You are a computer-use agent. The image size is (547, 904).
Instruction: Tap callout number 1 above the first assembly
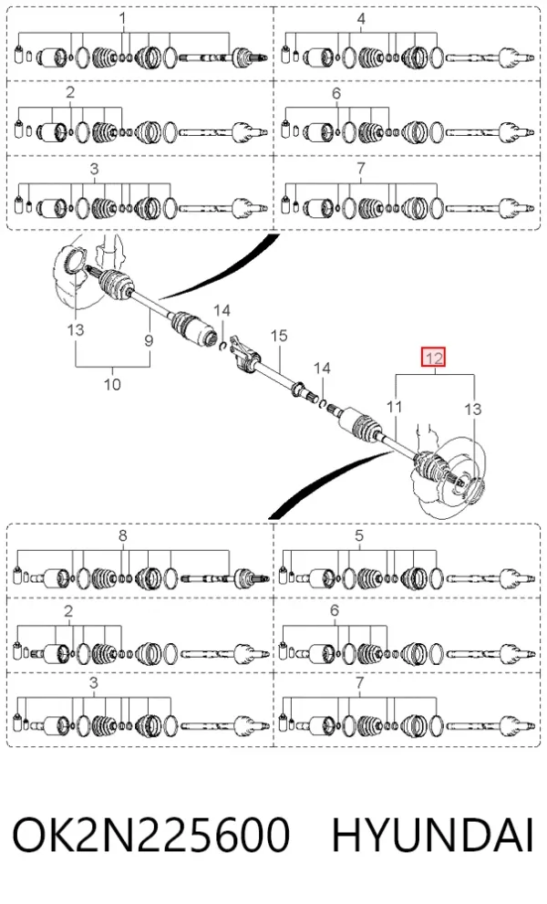122,18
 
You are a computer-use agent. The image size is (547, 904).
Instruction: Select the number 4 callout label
361,18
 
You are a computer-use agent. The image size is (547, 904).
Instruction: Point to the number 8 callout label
122,535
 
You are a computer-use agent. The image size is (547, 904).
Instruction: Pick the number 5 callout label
359,535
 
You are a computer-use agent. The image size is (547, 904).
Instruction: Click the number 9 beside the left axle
149,340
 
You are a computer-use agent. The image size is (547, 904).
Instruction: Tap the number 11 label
394,407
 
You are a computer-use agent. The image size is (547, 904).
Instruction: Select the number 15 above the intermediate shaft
278,335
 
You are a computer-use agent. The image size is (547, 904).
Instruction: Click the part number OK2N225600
150,835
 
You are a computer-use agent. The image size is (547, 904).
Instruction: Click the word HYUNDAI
433,835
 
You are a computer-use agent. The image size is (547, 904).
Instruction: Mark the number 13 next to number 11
472,409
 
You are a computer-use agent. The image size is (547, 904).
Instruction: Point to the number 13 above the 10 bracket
76,329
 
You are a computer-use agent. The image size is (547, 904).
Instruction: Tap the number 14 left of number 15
222,311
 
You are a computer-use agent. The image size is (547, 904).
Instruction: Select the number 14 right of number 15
322,368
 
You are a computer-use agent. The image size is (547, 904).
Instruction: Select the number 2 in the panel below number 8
68,610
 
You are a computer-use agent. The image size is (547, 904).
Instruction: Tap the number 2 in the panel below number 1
70,92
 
